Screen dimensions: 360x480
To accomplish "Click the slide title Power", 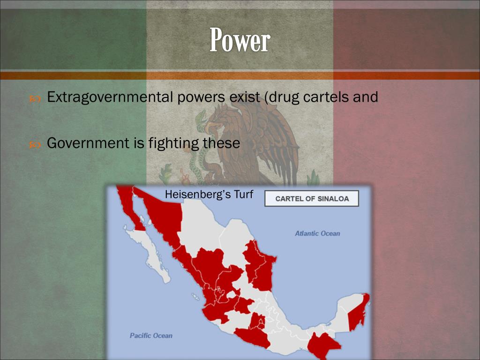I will [240, 40].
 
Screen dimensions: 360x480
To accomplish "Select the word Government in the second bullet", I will [87, 143].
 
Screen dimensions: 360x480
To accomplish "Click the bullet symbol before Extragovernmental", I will [35, 98].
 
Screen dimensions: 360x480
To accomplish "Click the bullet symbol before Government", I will [35, 144].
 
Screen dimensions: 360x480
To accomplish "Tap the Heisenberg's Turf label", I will [209, 194].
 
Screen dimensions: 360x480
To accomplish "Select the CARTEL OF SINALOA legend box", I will [312, 198].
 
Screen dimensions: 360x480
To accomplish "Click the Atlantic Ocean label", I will [317, 233].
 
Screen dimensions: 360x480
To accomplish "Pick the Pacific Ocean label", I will [151, 336].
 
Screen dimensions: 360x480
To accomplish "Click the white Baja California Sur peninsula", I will [150, 253].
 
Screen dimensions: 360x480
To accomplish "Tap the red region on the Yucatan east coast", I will [359, 312].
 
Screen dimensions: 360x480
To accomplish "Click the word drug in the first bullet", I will [284, 97].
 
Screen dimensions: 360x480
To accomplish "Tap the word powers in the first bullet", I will [201, 97].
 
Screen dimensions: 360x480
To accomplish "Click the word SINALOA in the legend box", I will [333, 199].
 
